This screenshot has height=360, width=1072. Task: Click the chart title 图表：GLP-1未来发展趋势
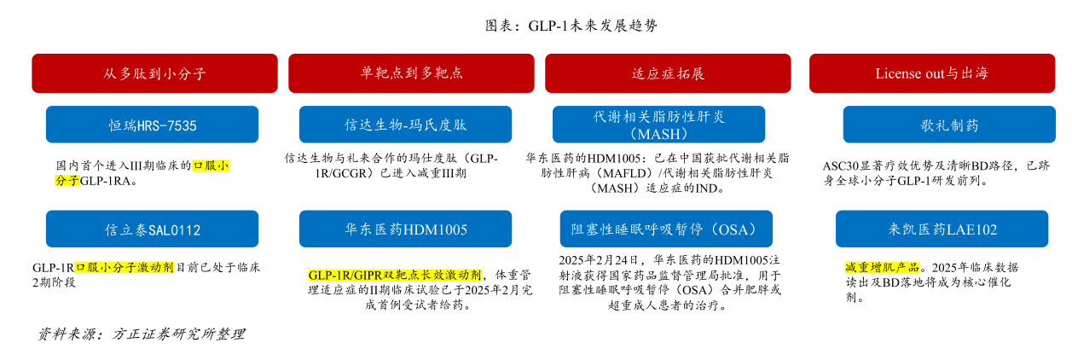click(x=571, y=26)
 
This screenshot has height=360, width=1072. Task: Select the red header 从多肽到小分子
click(x=154, y=73)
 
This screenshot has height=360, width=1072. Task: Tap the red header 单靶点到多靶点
click(x=411, y=73)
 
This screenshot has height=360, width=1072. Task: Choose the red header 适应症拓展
click(x=668, y=73)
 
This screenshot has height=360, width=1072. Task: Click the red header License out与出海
click(x=931, y=73)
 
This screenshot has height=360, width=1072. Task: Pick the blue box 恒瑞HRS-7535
click(x=152, y=125)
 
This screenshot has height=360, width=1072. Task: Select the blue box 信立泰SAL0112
click(x=152, y=229)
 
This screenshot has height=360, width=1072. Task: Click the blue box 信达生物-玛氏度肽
click(x=405, y=125)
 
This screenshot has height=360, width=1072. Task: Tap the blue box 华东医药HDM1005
click(x=405, y=229)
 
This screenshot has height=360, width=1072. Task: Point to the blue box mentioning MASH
click(x=663, y=125)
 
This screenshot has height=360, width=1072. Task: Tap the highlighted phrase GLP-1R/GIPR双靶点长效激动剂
click(x=395, y=275)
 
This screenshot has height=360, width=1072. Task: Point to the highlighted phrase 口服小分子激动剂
click(x=125, y=267)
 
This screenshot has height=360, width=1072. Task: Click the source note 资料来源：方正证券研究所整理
click(x=141, y=334)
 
